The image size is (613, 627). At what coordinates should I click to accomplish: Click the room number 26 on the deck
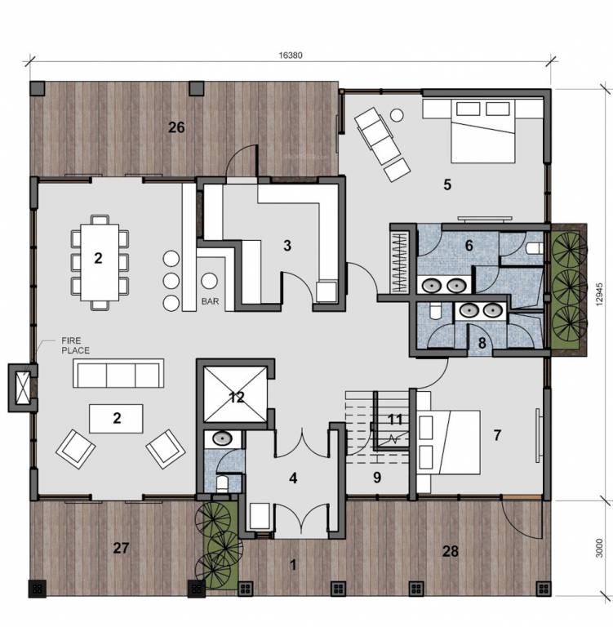pyautogui.click(x=176, y=127)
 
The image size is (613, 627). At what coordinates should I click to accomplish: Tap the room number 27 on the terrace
pyautogui.click(x=120, y=549)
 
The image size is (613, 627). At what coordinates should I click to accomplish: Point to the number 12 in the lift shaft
pyautogui.click(x=237, y=398)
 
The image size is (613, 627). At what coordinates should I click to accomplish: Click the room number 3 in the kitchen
pyautogui.click(x=287, y=244)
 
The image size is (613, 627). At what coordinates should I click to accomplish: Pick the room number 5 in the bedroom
pyautogui.click(x=446, y=185)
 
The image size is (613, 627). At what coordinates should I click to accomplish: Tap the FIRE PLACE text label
pyautogui.click(x=73, y=345)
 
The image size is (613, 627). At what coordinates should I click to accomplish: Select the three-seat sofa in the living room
pyautogui.click(x=117, y=374)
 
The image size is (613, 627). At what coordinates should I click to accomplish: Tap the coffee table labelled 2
pyautogui.click(x=117, y=419)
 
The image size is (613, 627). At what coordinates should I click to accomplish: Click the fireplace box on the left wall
pyautogui.click(x=23, y=388)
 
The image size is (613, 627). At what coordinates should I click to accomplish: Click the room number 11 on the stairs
pyautogui.click(x=395, y=420)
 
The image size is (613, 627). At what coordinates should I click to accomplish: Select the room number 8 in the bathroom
pyautogui.click(x=482, y=343)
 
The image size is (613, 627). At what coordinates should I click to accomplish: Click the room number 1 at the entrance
pyautogui.click(x=292, y=563)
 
